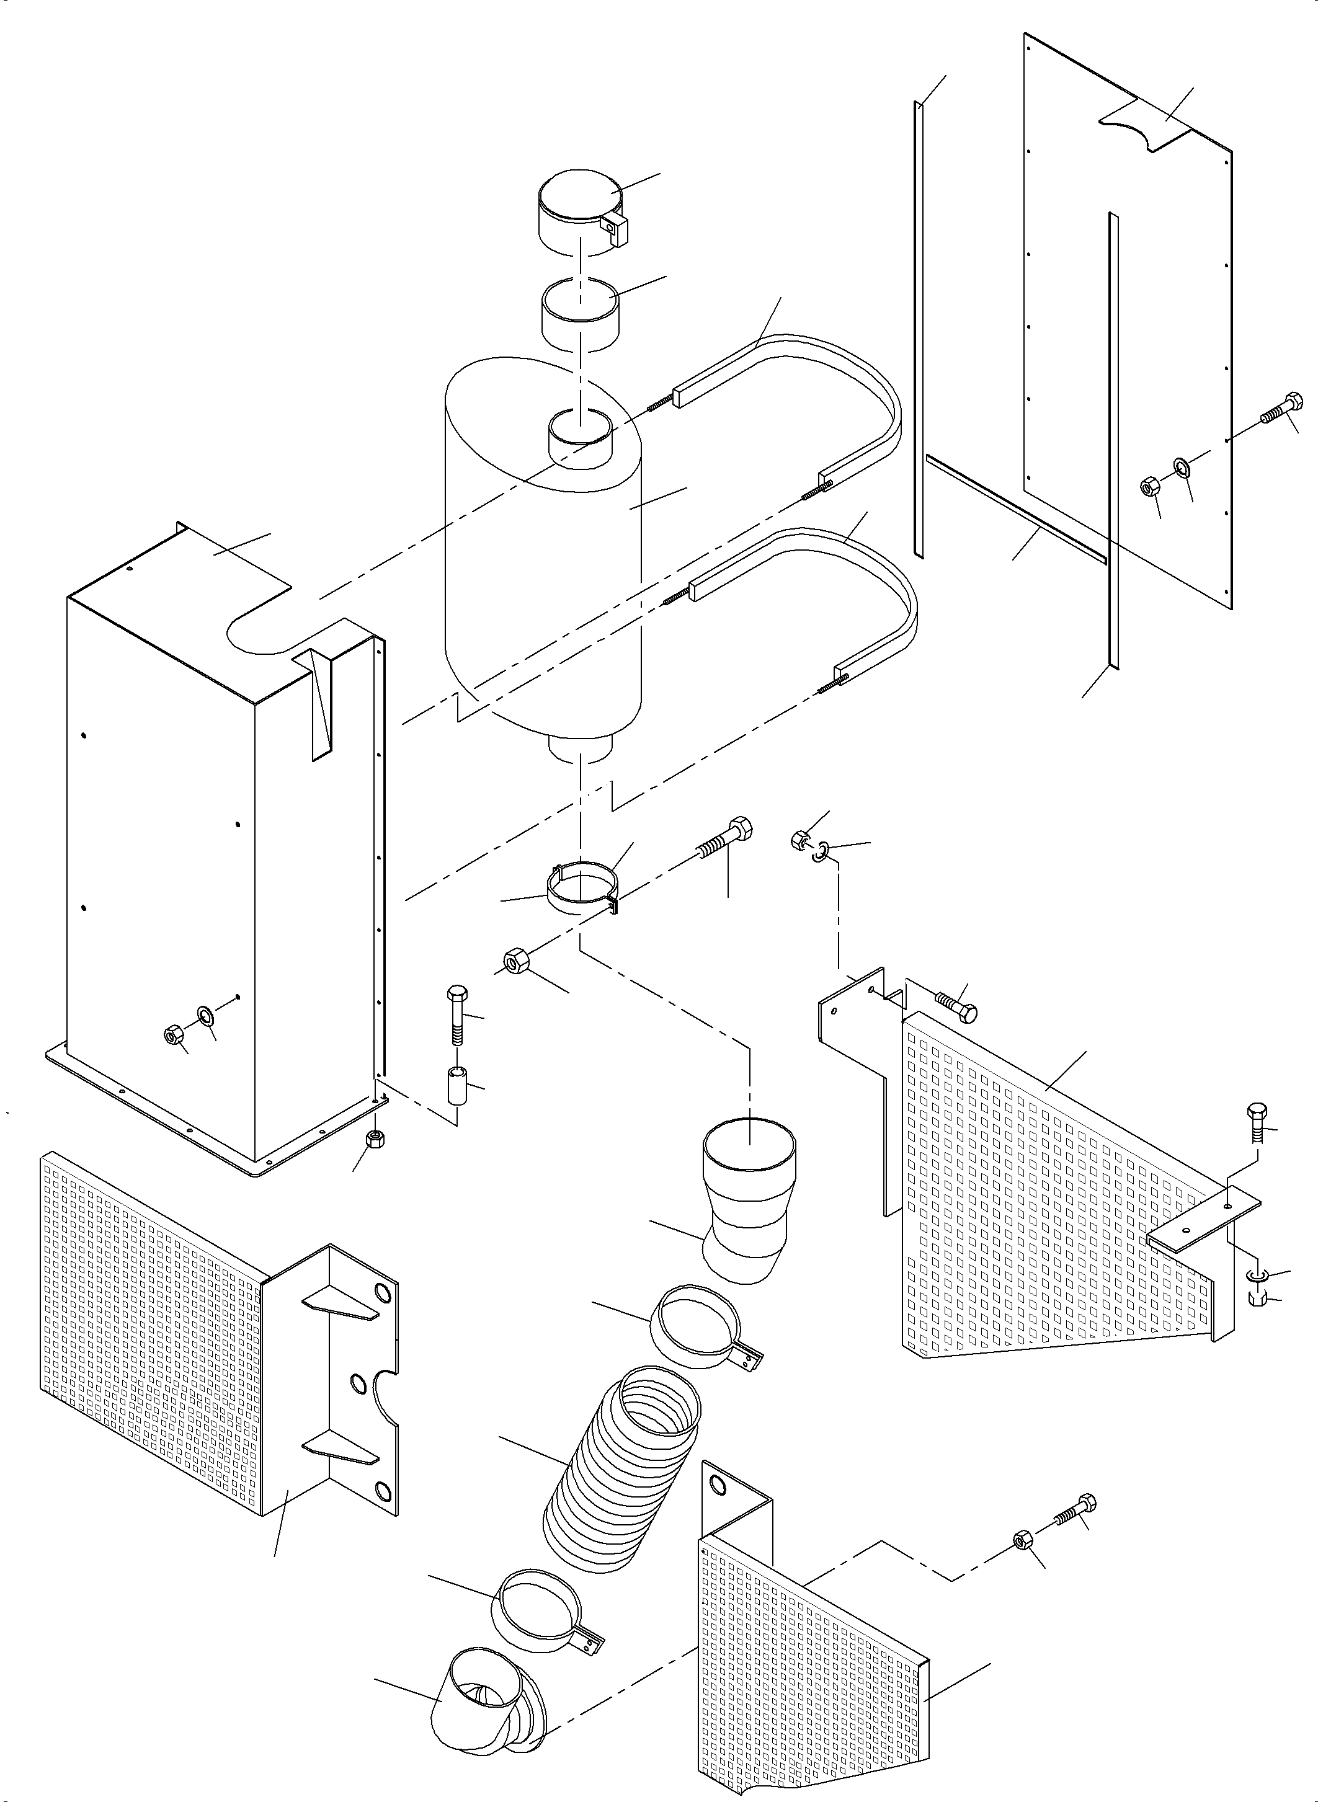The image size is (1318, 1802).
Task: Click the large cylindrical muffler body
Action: [543, 574]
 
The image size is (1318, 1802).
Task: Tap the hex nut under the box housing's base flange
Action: [373, 1139]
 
